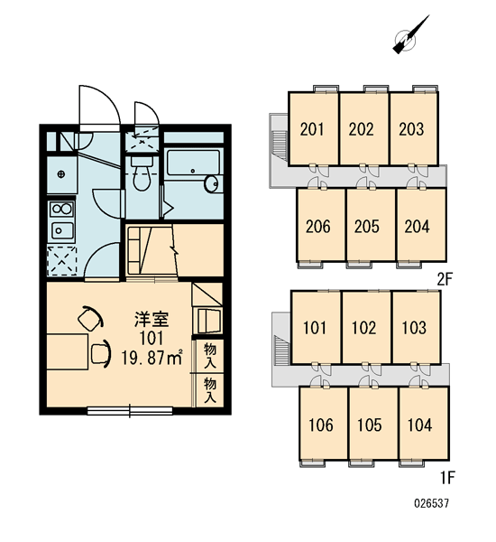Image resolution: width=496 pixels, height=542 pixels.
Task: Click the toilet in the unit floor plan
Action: (142, 173)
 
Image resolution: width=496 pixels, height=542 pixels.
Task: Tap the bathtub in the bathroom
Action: (193, 163)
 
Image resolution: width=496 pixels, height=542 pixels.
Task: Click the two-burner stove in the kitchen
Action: (61, 209)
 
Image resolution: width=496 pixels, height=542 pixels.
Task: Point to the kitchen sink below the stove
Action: (62, 230)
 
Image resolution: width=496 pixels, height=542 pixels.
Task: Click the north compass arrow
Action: (411, 34)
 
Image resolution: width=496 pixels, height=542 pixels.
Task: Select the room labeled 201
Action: (314, 129)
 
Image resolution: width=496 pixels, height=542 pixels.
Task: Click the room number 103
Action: (414, 327)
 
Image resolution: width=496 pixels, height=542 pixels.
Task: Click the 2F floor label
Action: (445, 279)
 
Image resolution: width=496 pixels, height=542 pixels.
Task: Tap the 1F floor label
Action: (447, 478)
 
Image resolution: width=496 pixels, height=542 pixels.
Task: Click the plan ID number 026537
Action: (431, 503)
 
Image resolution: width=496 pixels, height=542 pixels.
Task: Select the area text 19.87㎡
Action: (152, 358)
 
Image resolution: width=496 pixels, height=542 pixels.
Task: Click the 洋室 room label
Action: (152, 320)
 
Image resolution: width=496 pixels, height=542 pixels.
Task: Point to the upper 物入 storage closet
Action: (210, 355)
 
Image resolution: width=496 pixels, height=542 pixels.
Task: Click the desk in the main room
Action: (68, 351)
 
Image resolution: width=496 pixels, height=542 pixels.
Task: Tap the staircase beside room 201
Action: (280, 145)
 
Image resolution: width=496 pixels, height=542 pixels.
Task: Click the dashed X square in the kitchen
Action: (62, 261)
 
